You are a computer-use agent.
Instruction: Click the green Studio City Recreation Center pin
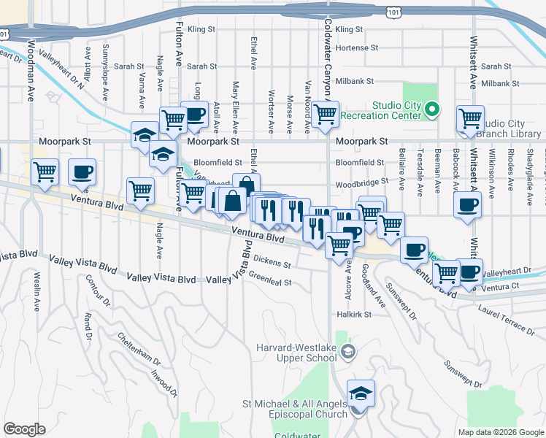pyautogui.click(x=431, y=110)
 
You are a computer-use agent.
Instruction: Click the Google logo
pyautogui.click(x=24, y=429)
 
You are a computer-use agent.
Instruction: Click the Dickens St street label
pyautogui.click(x=273, y=261)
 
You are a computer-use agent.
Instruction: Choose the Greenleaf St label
pyautogui.click(x=270, y=280)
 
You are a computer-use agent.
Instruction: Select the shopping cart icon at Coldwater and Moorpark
pyautogui.click(x=325, y=115)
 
